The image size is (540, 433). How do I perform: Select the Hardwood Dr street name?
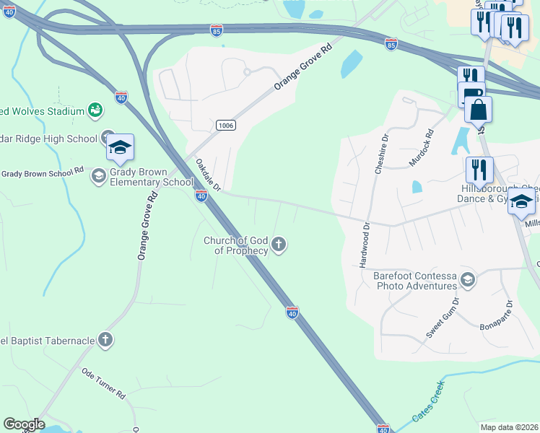(364, 245)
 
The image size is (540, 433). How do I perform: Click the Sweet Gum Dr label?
(443, 319)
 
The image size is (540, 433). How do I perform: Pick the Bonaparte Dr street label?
(495, 316)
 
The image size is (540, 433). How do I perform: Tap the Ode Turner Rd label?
(104, 384)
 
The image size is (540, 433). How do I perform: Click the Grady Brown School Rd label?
(43, 173)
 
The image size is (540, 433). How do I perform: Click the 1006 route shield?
(225, 126)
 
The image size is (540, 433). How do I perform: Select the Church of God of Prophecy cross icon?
(279, 246)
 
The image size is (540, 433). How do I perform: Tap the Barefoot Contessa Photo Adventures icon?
(468, 279)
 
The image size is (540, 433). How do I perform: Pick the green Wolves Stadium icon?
(95, 110)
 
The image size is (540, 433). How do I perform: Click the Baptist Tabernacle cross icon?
(105, 340)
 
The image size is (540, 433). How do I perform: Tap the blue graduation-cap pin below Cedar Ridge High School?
(120, 148)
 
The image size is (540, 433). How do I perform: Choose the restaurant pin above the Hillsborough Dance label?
(479, 170)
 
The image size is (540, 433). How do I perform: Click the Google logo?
(23, 424)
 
